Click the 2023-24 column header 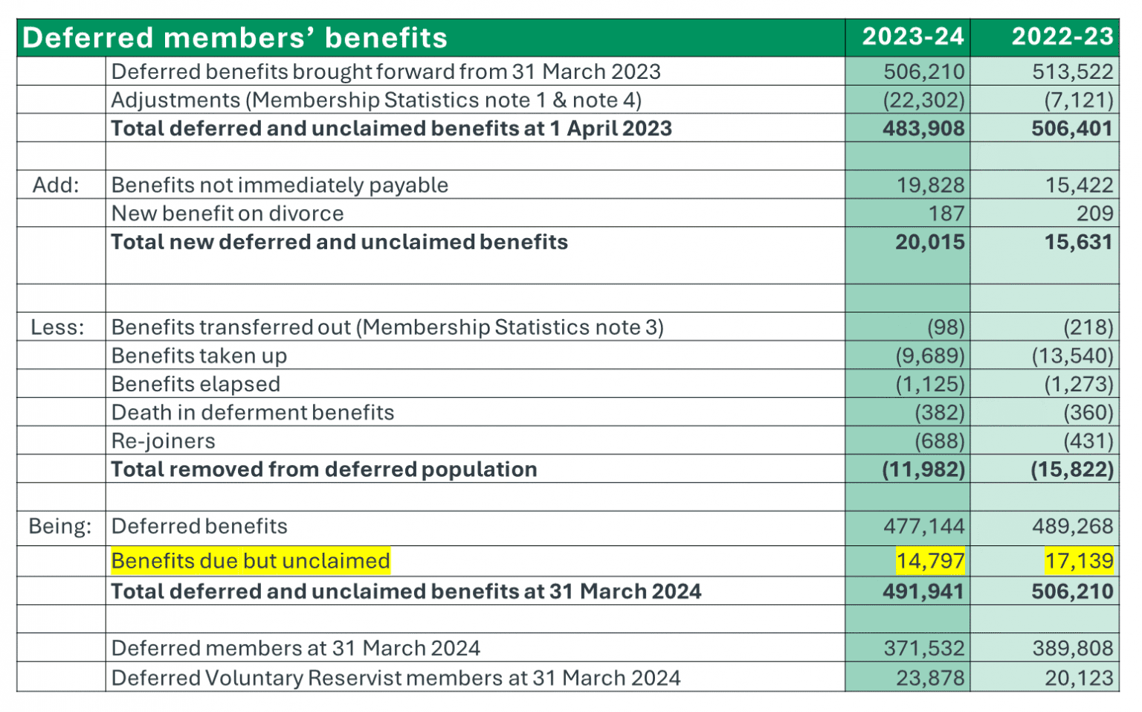coord(912,36)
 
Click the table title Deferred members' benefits coord(235,38)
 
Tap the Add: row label coord(56,185)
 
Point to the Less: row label coord(57,327)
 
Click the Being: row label coord(59,526)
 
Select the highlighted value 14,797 coord(930,561)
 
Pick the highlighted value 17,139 coord(1079,561)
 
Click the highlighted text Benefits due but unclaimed coord(251,561)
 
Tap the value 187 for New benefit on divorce coord(946,214)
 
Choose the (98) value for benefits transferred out coord(946,327)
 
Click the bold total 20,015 coord(929,242)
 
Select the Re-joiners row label coord(163,441)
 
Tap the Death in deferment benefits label coord(253,413)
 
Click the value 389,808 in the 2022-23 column coord(1072,649)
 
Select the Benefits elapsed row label coord(196,384)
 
